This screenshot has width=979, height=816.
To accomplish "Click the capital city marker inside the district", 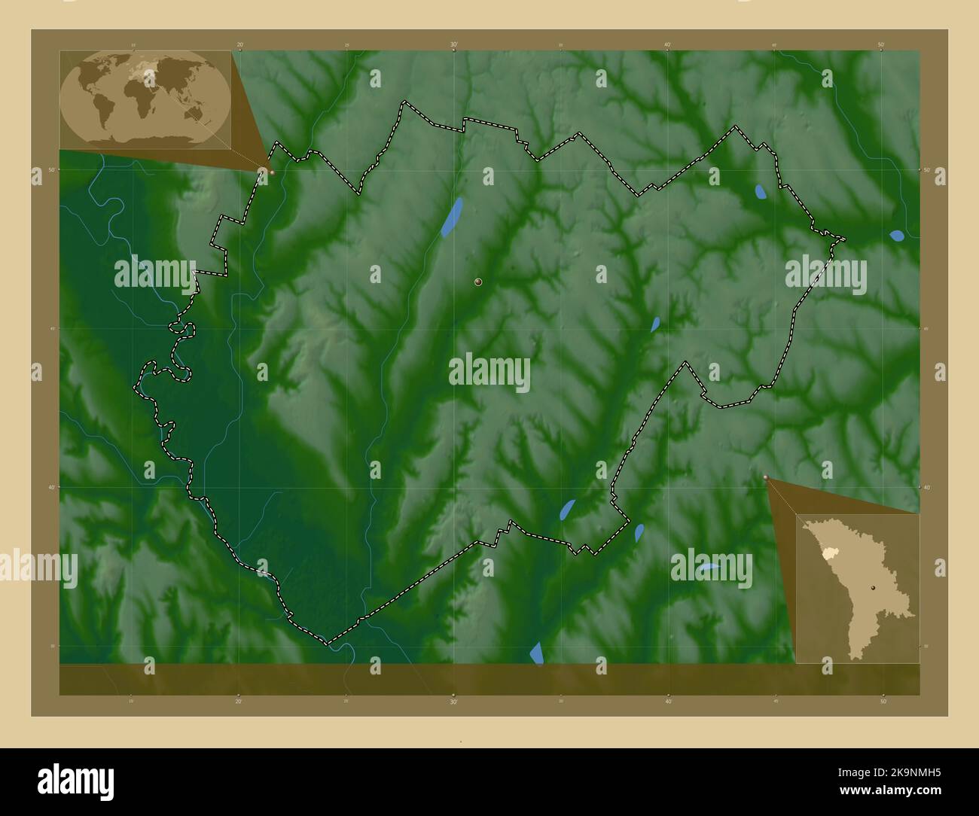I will pyautogui.click(x=478, y=282).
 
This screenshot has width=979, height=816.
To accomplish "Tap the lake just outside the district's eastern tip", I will pyautogui.click(x=896, y=236).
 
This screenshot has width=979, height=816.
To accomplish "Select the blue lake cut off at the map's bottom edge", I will pyautogui.click(x=537, y=653).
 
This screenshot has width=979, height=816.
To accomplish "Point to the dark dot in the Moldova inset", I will pyautogui.click(x=873, y=587).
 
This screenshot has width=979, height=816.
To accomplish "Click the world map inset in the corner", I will pyautogui.click(x=145, y=99).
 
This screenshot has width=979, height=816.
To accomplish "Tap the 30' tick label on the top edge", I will pyautogui.click(x=454, y=44).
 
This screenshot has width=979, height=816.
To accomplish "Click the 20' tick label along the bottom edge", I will pyautogui.click(x=239, y=701).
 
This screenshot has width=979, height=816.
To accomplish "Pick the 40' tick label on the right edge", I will pyautogui.click(x=926, y=488).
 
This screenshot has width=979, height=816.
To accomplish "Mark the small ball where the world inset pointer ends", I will pyautogui.click(x=272, y=172).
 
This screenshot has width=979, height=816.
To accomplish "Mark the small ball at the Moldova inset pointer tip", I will pyautogui.click(x=766, y=477).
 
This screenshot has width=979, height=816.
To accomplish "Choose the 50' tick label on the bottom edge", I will pyautogui.click(x=882, y=701).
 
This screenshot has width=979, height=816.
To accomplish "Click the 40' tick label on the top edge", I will pyautogui.click(x=668, y=44).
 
